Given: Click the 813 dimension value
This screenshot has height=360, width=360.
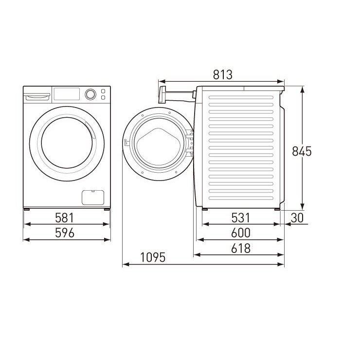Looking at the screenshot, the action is tap(222, 74).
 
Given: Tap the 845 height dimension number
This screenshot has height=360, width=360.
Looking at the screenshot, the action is tap(302, 151).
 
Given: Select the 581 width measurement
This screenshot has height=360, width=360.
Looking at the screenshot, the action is tap(65, 218).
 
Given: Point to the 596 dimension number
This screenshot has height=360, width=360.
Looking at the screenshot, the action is tap(65, 233).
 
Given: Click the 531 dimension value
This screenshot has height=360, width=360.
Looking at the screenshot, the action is tap(240, 218).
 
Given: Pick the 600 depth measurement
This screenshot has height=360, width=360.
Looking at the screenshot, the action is tap(241, 233).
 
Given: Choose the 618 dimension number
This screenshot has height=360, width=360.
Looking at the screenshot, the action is tap(241, 248).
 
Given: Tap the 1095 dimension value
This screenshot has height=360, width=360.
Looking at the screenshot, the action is tap(153, 257).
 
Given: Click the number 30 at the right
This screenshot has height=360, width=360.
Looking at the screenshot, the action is tap(297, 218).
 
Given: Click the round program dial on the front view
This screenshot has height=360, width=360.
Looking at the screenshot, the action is tap(90, 94).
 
